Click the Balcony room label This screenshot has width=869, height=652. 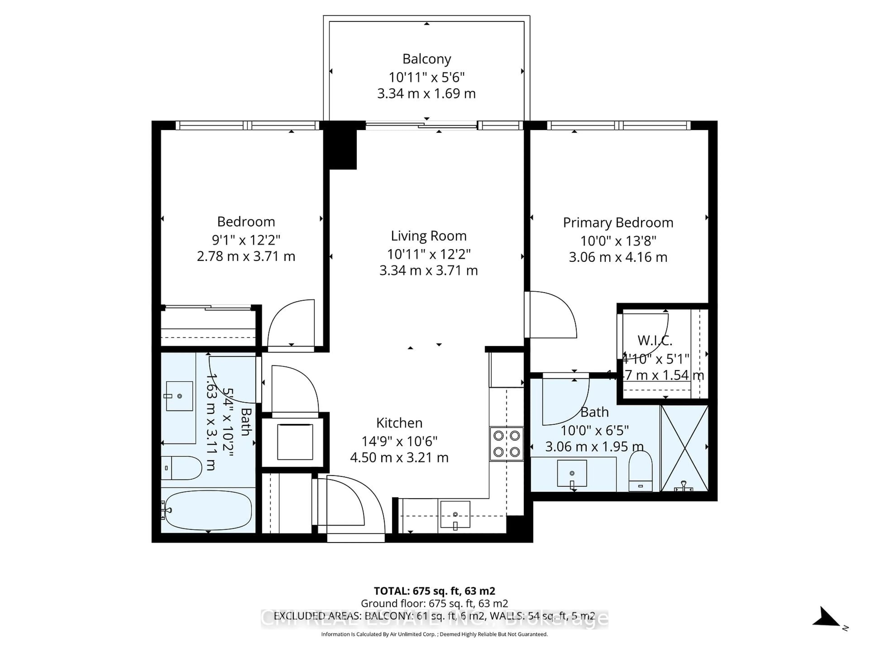(x=426, y=59)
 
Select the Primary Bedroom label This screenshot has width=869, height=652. (x=618, y=223)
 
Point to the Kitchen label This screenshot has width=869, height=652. (x=399, y=423)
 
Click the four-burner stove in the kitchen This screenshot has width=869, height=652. (x=506, y=444)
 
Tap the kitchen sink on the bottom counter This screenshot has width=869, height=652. (x=455, y=514)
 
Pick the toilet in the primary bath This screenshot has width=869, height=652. (x=640, y=471)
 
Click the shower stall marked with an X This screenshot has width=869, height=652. (x=684, y=448)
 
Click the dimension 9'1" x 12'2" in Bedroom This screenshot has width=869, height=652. (x=246, y=239)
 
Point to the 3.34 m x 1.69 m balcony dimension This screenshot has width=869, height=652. (x=426, y=93)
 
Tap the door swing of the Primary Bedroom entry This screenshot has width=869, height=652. (x=552, y=314)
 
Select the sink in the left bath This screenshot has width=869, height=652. (x=179, y=396)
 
